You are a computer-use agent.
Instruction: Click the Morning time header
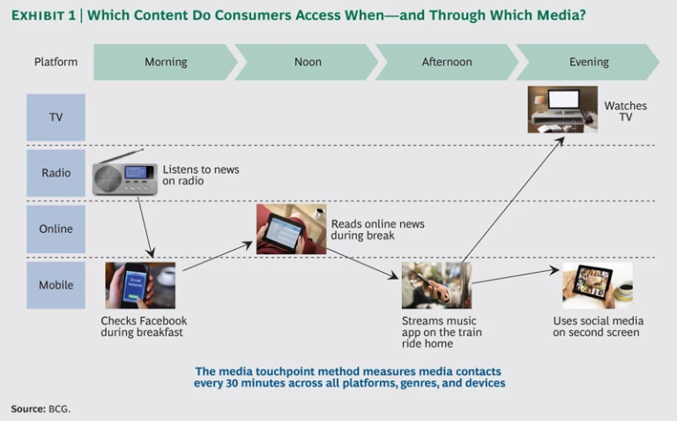[x=166, y=62]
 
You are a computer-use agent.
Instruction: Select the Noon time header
[x=307, y=62]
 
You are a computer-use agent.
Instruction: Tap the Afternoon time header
[x=447, y=62]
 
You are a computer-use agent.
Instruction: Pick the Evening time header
[x=588, y=62]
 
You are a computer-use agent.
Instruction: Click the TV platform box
[x=56, y=117]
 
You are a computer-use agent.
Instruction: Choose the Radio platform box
[x=56, y=173]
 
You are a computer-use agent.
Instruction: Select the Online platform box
[x=56, y=229]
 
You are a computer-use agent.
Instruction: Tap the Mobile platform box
[x=56, y=285]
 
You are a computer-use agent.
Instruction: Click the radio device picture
[x=124, y=175]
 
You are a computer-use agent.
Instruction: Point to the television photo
[x=562, y=109]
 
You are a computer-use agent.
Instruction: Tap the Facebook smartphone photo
[x=139, y=285]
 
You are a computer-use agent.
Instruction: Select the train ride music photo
[x=436, y=285]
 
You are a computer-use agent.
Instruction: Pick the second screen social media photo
[x=598, y=285]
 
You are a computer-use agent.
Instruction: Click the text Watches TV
[x=625, y=111]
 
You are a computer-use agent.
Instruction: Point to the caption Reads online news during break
[x=377, y=229]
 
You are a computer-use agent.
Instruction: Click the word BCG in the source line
[x=58, y=409]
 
